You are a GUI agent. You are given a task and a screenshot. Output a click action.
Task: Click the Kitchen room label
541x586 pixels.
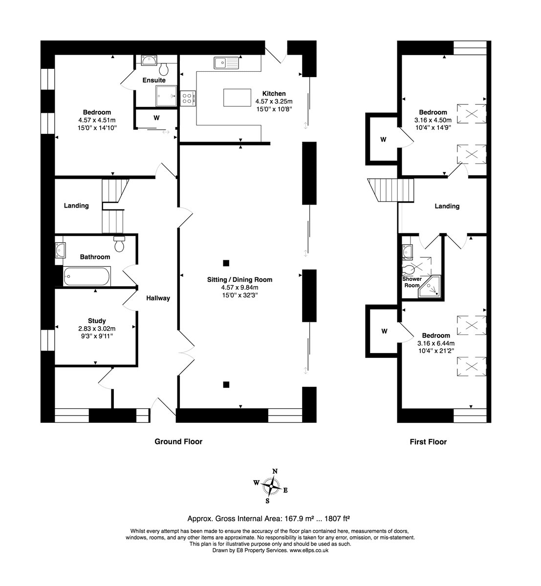(274, 93)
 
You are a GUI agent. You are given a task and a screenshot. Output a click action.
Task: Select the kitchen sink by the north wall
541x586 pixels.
(225, 63)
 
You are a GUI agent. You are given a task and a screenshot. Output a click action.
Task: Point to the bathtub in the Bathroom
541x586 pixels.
(87, 276)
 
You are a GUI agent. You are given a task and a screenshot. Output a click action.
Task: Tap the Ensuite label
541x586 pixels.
(154, 80)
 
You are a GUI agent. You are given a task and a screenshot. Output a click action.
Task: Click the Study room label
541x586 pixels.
(97, 321)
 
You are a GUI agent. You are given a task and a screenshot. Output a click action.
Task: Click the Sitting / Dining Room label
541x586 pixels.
(239, 280)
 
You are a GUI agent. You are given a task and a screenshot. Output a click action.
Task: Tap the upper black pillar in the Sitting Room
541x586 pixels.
(226, 263)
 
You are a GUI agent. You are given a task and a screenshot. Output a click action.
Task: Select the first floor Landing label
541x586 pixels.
(447, 206)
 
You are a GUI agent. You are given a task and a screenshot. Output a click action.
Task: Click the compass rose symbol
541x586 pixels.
(270, 486)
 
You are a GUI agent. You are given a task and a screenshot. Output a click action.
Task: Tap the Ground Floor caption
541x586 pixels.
(178, 441)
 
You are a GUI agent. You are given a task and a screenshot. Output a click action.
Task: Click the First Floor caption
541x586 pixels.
(428, 442)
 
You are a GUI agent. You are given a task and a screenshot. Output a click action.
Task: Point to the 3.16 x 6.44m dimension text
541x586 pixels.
(436, 343)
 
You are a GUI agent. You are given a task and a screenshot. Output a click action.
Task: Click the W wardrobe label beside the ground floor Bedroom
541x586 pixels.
(156, 118)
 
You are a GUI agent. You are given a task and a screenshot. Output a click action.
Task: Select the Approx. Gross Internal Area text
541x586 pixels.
(270, 519)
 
